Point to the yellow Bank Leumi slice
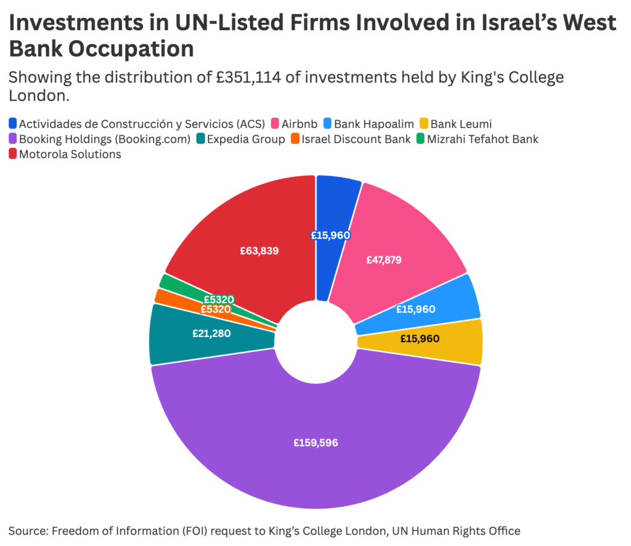[x=425, y=341]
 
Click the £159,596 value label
[x=315, y=442]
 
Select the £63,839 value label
[x=259, y=251]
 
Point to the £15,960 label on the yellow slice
[x=420, y=338]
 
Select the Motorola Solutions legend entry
[x=70, y=154]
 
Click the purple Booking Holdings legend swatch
[x=14, y=139]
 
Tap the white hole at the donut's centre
[x=315, y=342]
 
